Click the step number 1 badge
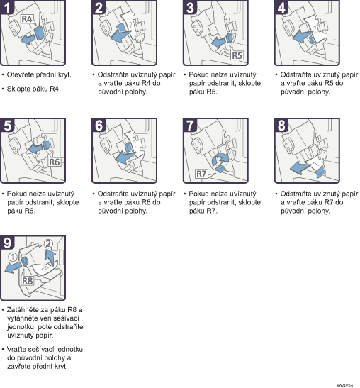(7, 7)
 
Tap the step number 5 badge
(7, 125)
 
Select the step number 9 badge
(7, 243)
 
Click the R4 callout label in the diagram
(27, 19)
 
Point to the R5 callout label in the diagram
(237, 55)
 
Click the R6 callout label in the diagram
(54, 162)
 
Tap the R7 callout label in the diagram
(201, 174)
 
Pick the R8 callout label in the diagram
(27, 281)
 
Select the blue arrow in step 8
(300, 168)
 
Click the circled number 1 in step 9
(13, 257)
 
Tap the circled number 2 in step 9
(48, 244)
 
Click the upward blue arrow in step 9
(50, 258)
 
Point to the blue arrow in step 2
(120, 35)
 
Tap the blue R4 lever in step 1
(39, 33)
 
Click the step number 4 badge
(281, 7)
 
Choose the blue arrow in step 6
(125, 157)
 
